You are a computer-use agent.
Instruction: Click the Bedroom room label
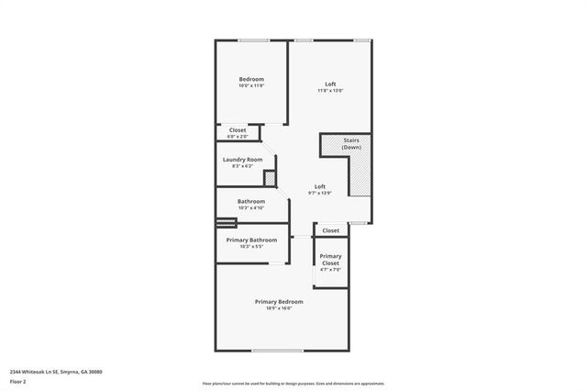(x=251, y=79)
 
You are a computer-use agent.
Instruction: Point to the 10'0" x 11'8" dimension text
(x=251, y=85)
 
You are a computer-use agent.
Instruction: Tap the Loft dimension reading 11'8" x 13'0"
(x=330, y=90)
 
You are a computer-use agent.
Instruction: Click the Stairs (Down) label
(x=351, y=145)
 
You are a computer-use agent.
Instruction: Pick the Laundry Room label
(x=243, y=159)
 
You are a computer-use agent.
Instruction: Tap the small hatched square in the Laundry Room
(x=270, y=178)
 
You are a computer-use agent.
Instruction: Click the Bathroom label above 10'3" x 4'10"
(x=251, y=201)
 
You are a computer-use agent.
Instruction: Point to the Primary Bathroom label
(x=251, y=240)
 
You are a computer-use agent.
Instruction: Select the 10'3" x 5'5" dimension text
(x=251, y=246)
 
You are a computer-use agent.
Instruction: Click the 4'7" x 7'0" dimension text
(x=330, y=270)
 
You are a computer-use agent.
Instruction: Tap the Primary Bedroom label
(x=279, y=301)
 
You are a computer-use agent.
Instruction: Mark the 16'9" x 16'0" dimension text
(x=279, y=307)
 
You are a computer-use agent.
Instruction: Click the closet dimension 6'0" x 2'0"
(x=238, y=136)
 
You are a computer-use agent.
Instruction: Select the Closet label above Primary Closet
(x=330, y=230)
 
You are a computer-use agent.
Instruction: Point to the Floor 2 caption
(x=18, y=381)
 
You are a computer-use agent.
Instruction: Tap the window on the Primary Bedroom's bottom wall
(x=278, y=351)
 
